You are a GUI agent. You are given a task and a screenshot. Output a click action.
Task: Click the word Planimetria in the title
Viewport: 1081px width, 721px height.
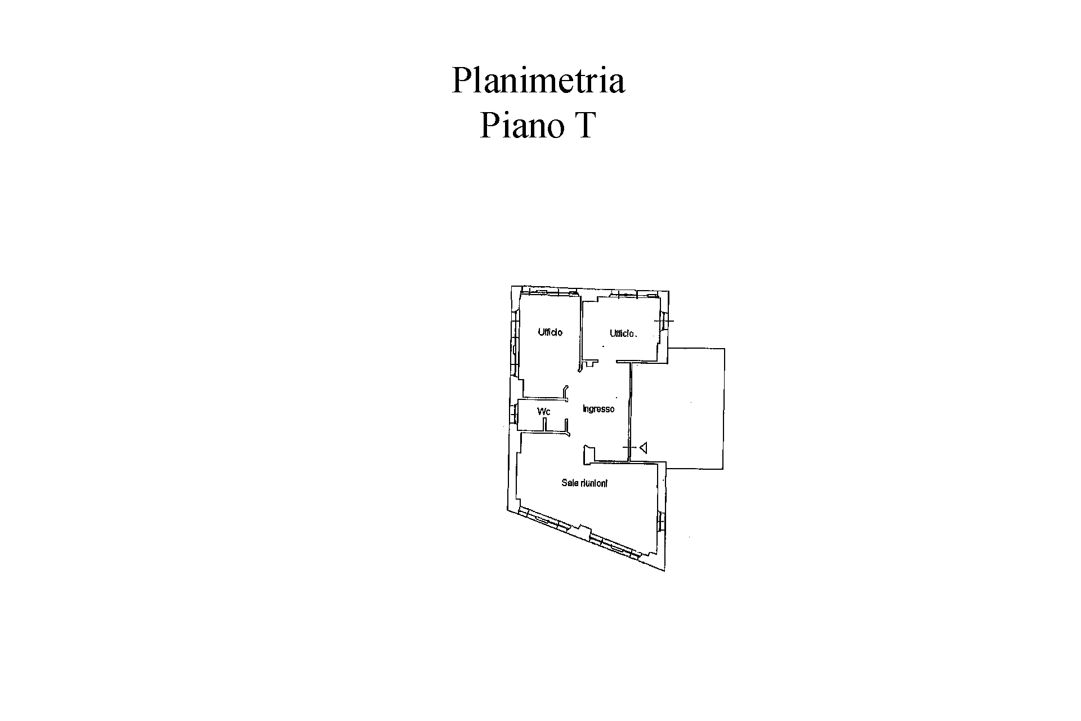tap(538, 81)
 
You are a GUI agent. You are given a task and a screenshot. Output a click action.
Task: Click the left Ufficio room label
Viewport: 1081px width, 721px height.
tap(550, 332)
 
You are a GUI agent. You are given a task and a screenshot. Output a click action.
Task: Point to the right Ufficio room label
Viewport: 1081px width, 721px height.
tap(622, 333)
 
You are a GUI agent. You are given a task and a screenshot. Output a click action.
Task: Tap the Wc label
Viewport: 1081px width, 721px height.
tap(543, 412)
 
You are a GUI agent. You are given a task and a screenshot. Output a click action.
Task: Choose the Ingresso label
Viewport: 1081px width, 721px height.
tap(598, 409)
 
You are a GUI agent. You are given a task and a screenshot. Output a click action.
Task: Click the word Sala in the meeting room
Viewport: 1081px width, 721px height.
tap(570, 483)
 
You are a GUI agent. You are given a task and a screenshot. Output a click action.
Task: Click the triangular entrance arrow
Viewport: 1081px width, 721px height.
tap(643, 448)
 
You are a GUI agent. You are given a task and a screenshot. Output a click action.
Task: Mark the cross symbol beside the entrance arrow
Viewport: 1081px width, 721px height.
tap(629, 448)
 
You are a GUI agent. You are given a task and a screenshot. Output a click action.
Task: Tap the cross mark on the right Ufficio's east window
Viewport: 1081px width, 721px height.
tap(666, 321)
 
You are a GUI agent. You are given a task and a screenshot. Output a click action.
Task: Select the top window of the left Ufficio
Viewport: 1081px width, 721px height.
tap(548, 291)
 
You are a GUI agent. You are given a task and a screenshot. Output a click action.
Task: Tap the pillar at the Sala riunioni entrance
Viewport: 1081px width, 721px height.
tap(587, 455)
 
